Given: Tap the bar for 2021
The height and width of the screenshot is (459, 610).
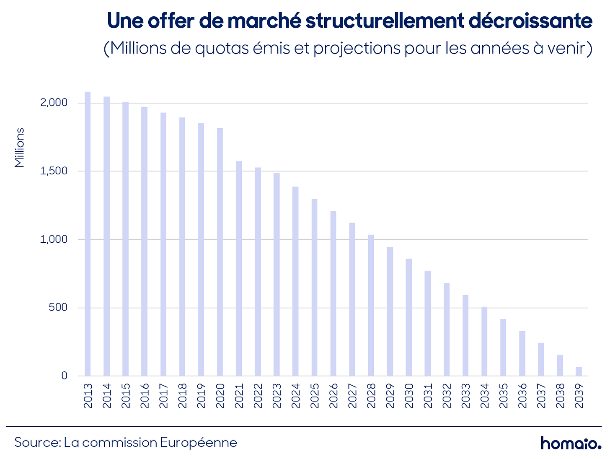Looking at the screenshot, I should click(x=239, y=268).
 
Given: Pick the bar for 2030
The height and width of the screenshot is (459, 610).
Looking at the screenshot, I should click(x=408, y=317).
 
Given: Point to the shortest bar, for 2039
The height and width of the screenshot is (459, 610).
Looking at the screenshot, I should click(x=579, y=371).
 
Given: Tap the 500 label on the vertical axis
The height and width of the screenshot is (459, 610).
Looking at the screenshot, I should click(x=58, y=308).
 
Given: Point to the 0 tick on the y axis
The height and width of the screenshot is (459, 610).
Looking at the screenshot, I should click(x=64, y=376).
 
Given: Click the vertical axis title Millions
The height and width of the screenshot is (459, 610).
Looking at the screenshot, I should click(x=20, y=148).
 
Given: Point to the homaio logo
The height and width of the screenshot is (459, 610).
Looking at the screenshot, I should click(x=571, y=443).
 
